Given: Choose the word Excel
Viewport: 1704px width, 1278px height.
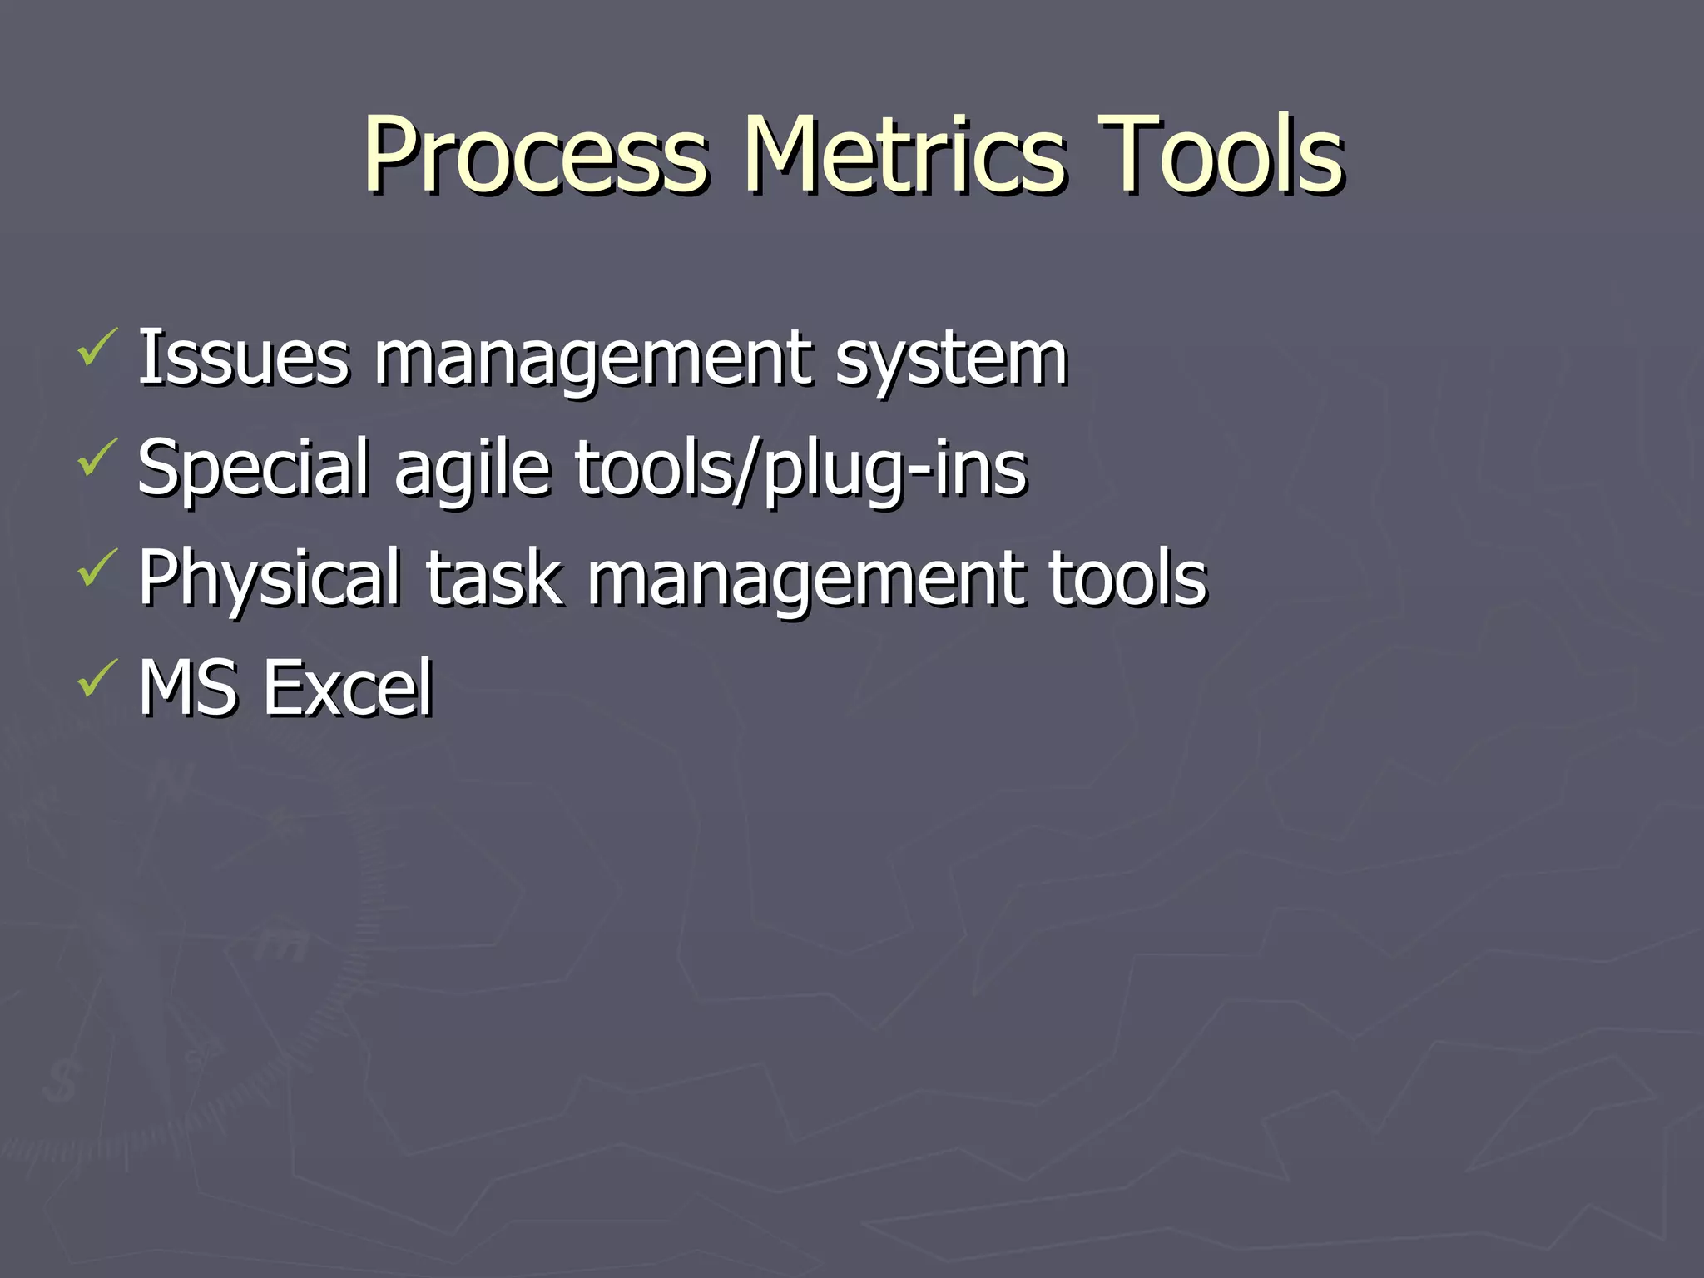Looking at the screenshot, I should (x=347, y=688).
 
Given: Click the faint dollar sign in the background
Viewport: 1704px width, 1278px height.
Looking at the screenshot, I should (x=61, y=1081).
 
